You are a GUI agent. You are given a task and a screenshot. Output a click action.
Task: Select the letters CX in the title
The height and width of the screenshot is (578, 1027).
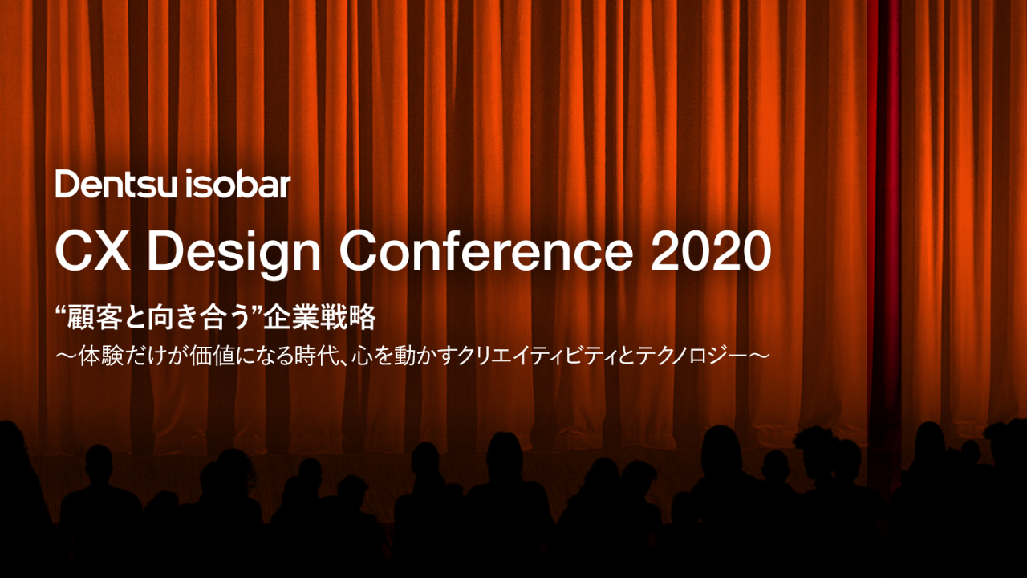pyautogui.click(x=92, y=252)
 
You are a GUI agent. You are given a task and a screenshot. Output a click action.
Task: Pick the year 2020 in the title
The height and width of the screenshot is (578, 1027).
pyautogui.click(x=711, y=252)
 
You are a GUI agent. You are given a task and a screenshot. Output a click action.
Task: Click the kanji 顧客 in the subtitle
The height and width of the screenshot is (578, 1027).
pyautogui.click(x=95, y=318)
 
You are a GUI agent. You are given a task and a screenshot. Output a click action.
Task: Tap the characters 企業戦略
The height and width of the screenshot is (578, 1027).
pyautogui.click(x=320, y=318)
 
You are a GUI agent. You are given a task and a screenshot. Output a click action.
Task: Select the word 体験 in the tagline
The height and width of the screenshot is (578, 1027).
pyautogui.click(x=101, y=358)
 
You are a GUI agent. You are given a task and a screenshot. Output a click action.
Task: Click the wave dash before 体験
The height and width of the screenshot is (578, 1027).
pyautogui.click(x=67, y=358)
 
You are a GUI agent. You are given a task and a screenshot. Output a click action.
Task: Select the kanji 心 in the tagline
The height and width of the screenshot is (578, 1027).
pyautogui.click(x=362, y=358)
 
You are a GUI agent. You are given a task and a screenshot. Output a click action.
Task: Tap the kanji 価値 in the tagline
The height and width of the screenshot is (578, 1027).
pyautogui.click(x=213, y=358)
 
